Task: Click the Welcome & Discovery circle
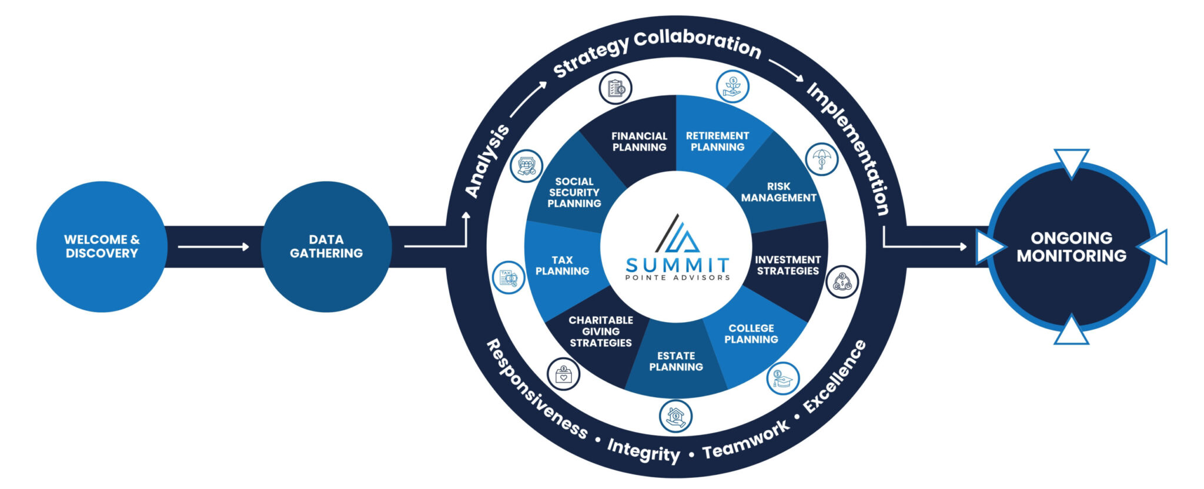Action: [x=102, y=246]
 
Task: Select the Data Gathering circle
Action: [x=326, y=246]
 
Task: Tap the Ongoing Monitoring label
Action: [x=1071, y=247]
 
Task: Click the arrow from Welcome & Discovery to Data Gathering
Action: [x=213, y=247]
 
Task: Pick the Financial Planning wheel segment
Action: [x=639, y=142]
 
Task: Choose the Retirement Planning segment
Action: [x=717, y=142]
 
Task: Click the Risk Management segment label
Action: [x=778, y=192]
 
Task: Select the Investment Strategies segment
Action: [x=788, y=265]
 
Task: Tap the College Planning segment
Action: [x=751, y=334]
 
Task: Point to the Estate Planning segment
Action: [x=676, y=361]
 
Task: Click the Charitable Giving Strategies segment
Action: [x=601, y=331]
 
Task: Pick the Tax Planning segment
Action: [x=562, y=265]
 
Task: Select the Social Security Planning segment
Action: [x=574, y=193]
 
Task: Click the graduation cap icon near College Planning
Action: [x=782, y=379]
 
